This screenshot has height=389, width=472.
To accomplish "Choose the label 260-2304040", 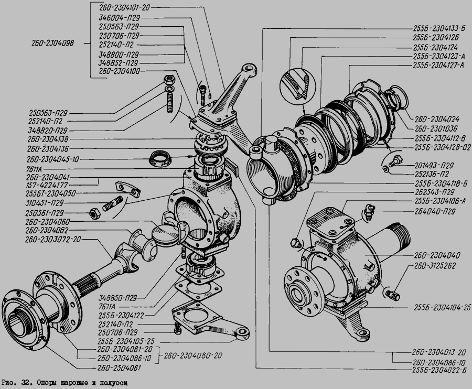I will click(x=437, y=255).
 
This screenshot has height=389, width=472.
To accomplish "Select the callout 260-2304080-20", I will click(x=192, y=355).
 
